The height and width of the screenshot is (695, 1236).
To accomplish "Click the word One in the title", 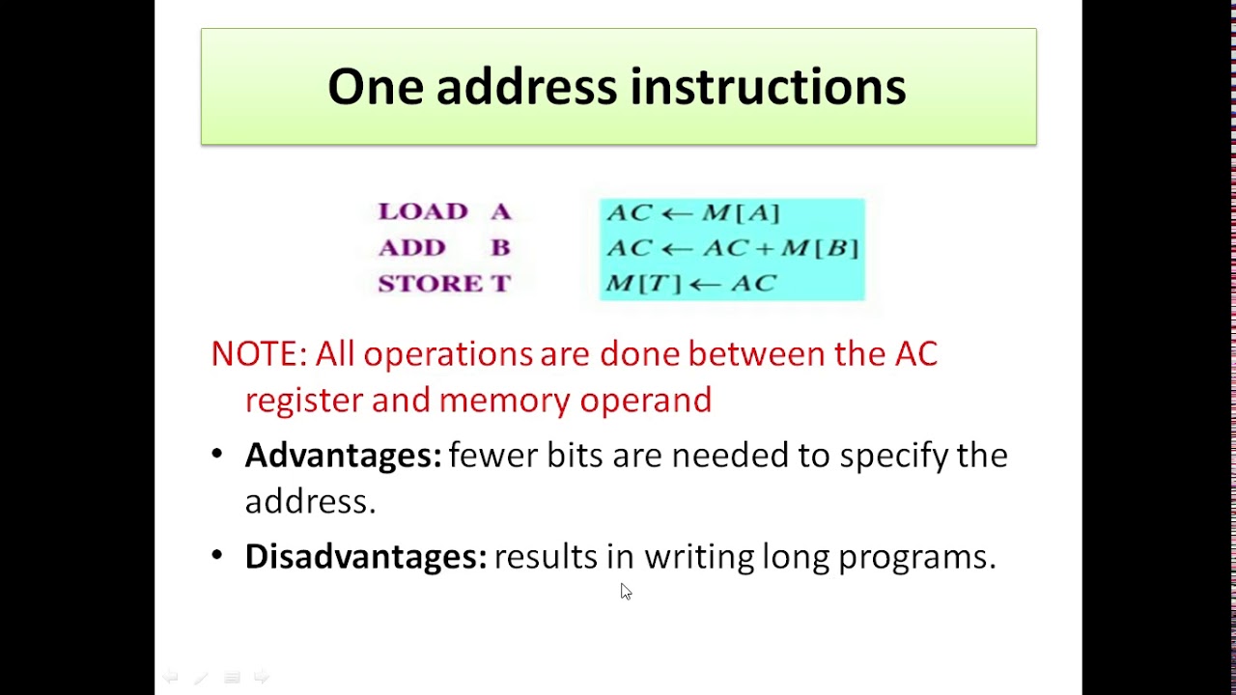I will point(375,87).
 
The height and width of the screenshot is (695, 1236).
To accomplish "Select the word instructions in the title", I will point(768,87).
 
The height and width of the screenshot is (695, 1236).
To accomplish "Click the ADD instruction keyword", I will point(412,248).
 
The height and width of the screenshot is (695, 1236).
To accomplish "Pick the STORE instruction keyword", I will point(431,284).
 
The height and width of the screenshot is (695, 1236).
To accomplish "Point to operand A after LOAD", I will point(500,211).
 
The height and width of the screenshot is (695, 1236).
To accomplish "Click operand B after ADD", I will point(500,248).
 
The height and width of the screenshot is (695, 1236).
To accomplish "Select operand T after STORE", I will point(500,284).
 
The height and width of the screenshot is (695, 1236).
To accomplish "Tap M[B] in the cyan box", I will point(820,248).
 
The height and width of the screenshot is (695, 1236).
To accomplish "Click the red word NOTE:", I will point(259,354).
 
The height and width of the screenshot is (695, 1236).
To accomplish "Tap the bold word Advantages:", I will point(343,455).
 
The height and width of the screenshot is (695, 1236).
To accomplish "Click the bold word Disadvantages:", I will point(366,556).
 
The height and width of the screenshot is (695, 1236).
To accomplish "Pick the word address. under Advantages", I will point(310,501).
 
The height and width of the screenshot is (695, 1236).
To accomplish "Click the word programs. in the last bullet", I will point(916,557).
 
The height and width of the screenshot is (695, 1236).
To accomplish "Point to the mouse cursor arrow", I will point(625,591).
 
